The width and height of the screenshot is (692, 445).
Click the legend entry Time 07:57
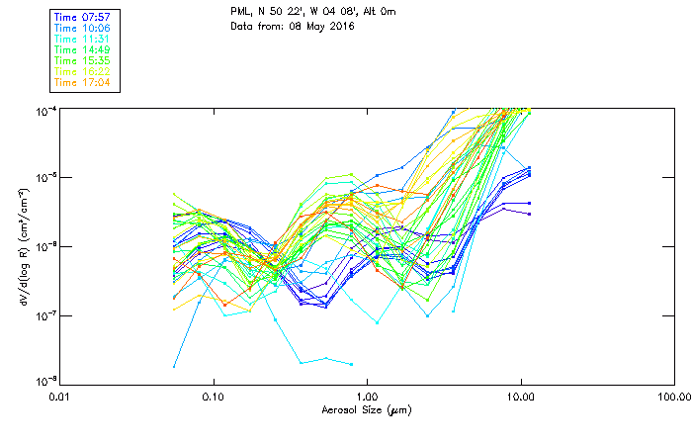(x=82, y=16)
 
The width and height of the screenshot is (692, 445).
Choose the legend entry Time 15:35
(x=82, y=60)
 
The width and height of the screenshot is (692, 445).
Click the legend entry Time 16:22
(x=82, y=71)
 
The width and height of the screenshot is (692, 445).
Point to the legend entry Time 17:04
(x=82, y=82)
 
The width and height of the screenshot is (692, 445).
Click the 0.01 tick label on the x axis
(x=60, y=397)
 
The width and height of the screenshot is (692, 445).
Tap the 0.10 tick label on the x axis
(x=214, y=397)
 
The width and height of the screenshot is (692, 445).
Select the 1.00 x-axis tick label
(x=367, y=397)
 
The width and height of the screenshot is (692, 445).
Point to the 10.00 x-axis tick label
(x=520, y=397)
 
